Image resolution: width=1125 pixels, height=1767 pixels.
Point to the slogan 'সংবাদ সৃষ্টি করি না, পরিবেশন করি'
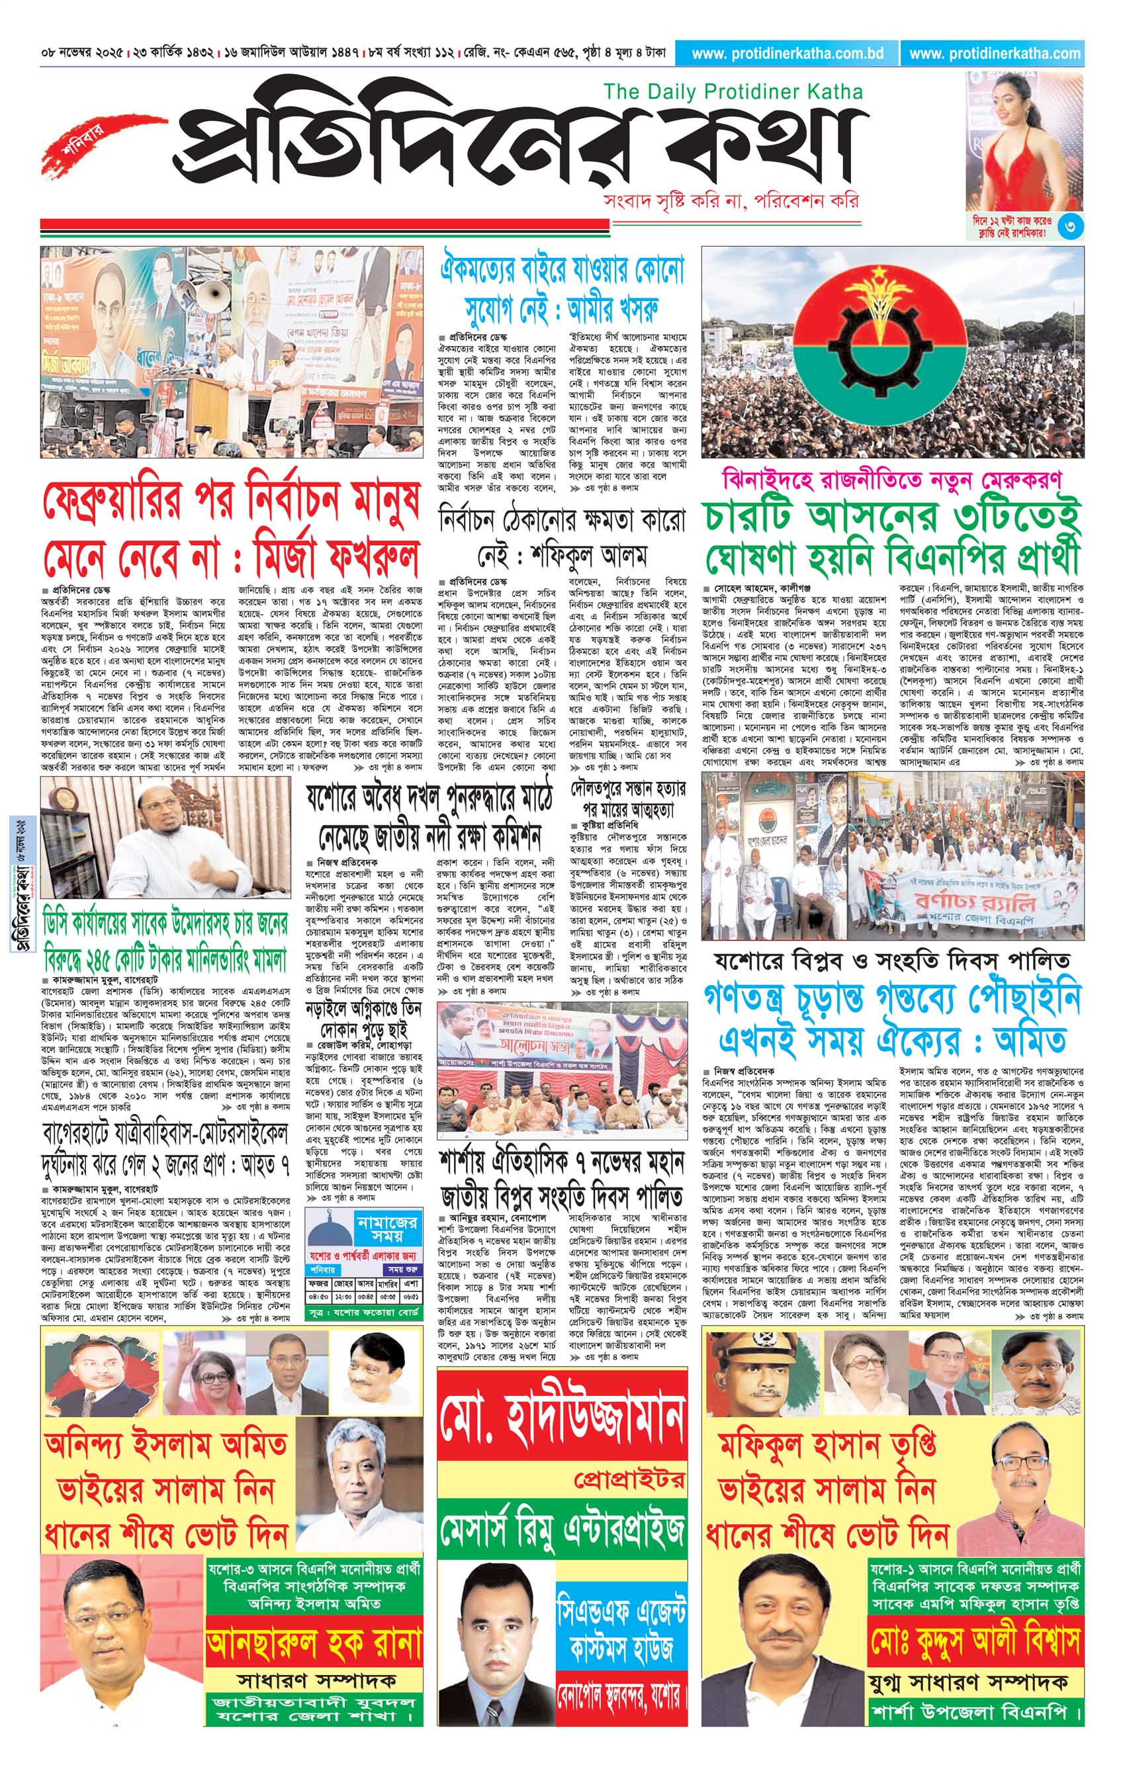(x=729, y=201)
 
